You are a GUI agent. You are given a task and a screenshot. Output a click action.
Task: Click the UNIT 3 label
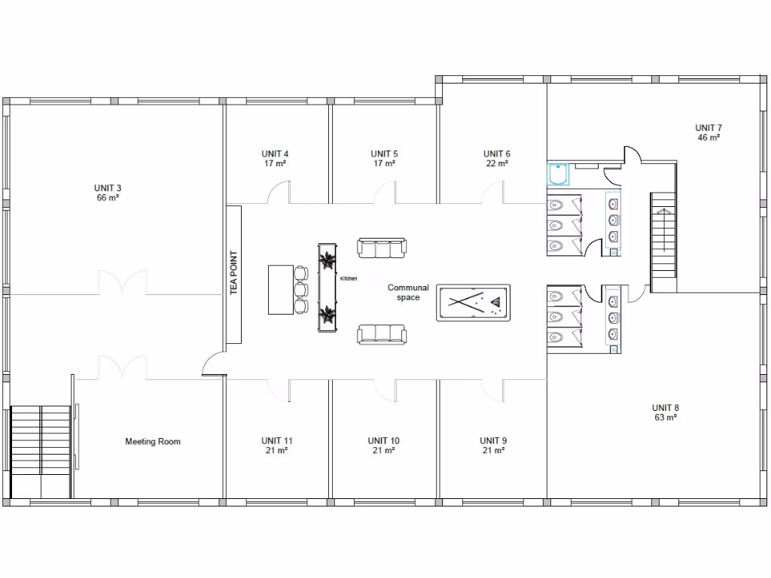click(x=108, y=187)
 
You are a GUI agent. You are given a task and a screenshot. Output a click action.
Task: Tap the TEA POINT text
click(x=233, y=272)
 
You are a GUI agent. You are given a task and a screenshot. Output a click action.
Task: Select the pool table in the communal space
click(x=473, y=303)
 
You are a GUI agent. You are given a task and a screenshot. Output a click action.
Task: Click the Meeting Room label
click(x=153, y=442)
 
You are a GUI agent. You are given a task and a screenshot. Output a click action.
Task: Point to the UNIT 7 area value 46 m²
click(x=708, y=138)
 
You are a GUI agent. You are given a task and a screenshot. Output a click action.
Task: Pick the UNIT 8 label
click(x=665, y=408)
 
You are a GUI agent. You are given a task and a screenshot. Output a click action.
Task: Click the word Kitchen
click(x=349, y=278)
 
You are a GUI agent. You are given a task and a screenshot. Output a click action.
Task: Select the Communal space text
click(x=408, y=292)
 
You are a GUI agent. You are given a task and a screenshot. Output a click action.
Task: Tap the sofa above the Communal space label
click(x=381, y=248)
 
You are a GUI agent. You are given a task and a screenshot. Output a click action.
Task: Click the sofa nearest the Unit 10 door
click(x=381, y=333)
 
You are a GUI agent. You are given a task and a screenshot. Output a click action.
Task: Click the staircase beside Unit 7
click(x=664, y=242)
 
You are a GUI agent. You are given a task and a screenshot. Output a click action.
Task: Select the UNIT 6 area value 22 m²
click(x=496, y=163)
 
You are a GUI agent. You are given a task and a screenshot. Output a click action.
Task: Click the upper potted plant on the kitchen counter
click(x=328, y=261)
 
